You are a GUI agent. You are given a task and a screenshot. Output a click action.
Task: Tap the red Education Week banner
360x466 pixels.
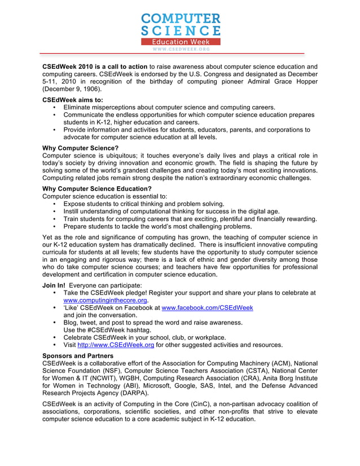(x=180, y=42)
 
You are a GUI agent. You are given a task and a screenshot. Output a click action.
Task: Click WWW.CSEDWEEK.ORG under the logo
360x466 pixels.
(x=180, y=50)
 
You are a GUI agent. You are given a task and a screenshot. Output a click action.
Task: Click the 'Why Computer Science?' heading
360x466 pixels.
(x=80, y=148)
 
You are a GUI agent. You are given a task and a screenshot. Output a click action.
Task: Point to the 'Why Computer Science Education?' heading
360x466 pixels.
(x=97, y=188)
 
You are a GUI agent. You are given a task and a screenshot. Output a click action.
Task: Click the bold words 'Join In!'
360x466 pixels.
(x=54, y=285)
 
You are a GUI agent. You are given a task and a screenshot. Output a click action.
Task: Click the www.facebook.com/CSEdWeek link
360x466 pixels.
(x=207, y=308)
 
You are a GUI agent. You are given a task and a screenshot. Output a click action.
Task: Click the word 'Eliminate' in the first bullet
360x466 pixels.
(x=79, y=107)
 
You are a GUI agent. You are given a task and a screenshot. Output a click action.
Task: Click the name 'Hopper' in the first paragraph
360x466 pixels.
(x=305, y=82)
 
